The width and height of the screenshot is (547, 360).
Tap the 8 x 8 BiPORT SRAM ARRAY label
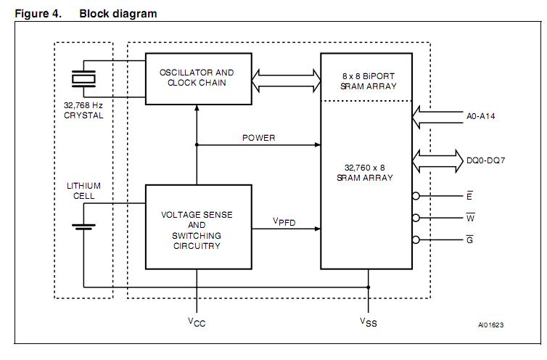[x=368, y=81]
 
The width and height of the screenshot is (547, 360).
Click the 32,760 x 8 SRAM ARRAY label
[x=368, y=171]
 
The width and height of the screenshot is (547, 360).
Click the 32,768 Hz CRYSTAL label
[x=83, y=110]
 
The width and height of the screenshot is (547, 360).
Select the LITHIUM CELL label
[x=83, y=191]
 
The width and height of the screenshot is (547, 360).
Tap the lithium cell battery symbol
[x=83, y=224]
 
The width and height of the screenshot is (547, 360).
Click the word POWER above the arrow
[x=258, y=137]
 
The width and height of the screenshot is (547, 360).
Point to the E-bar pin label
[x=470, y=195]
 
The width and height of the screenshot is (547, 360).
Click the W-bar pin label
[x=470, y=218]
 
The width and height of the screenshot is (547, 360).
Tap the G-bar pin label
[x=470, y=240]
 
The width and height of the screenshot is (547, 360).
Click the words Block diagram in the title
[x=118, y=14]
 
